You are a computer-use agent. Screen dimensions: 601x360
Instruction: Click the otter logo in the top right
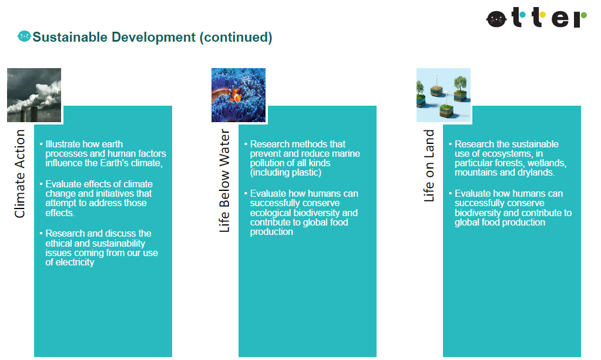[x=536, y=18]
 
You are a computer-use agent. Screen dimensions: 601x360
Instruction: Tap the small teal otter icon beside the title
[x=24, y=36]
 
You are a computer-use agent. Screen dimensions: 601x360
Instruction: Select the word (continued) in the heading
[x=236, y=37]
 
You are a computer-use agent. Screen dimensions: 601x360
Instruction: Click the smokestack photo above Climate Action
[x=34, y=95]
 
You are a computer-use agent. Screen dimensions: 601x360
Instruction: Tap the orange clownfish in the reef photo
[x=236, y=95]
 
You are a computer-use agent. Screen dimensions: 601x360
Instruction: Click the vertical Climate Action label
[x=19, y=173]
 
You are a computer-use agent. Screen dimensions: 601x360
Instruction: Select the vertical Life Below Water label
[x=224, y=180]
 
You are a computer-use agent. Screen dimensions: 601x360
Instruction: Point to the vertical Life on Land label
[x=429, y=166]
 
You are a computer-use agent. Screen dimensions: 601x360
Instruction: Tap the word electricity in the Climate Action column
[x=75, y=263]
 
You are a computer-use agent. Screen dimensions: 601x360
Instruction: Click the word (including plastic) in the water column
[x=286, y=172]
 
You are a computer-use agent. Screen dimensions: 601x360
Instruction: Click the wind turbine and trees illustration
[x=444, y=95]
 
